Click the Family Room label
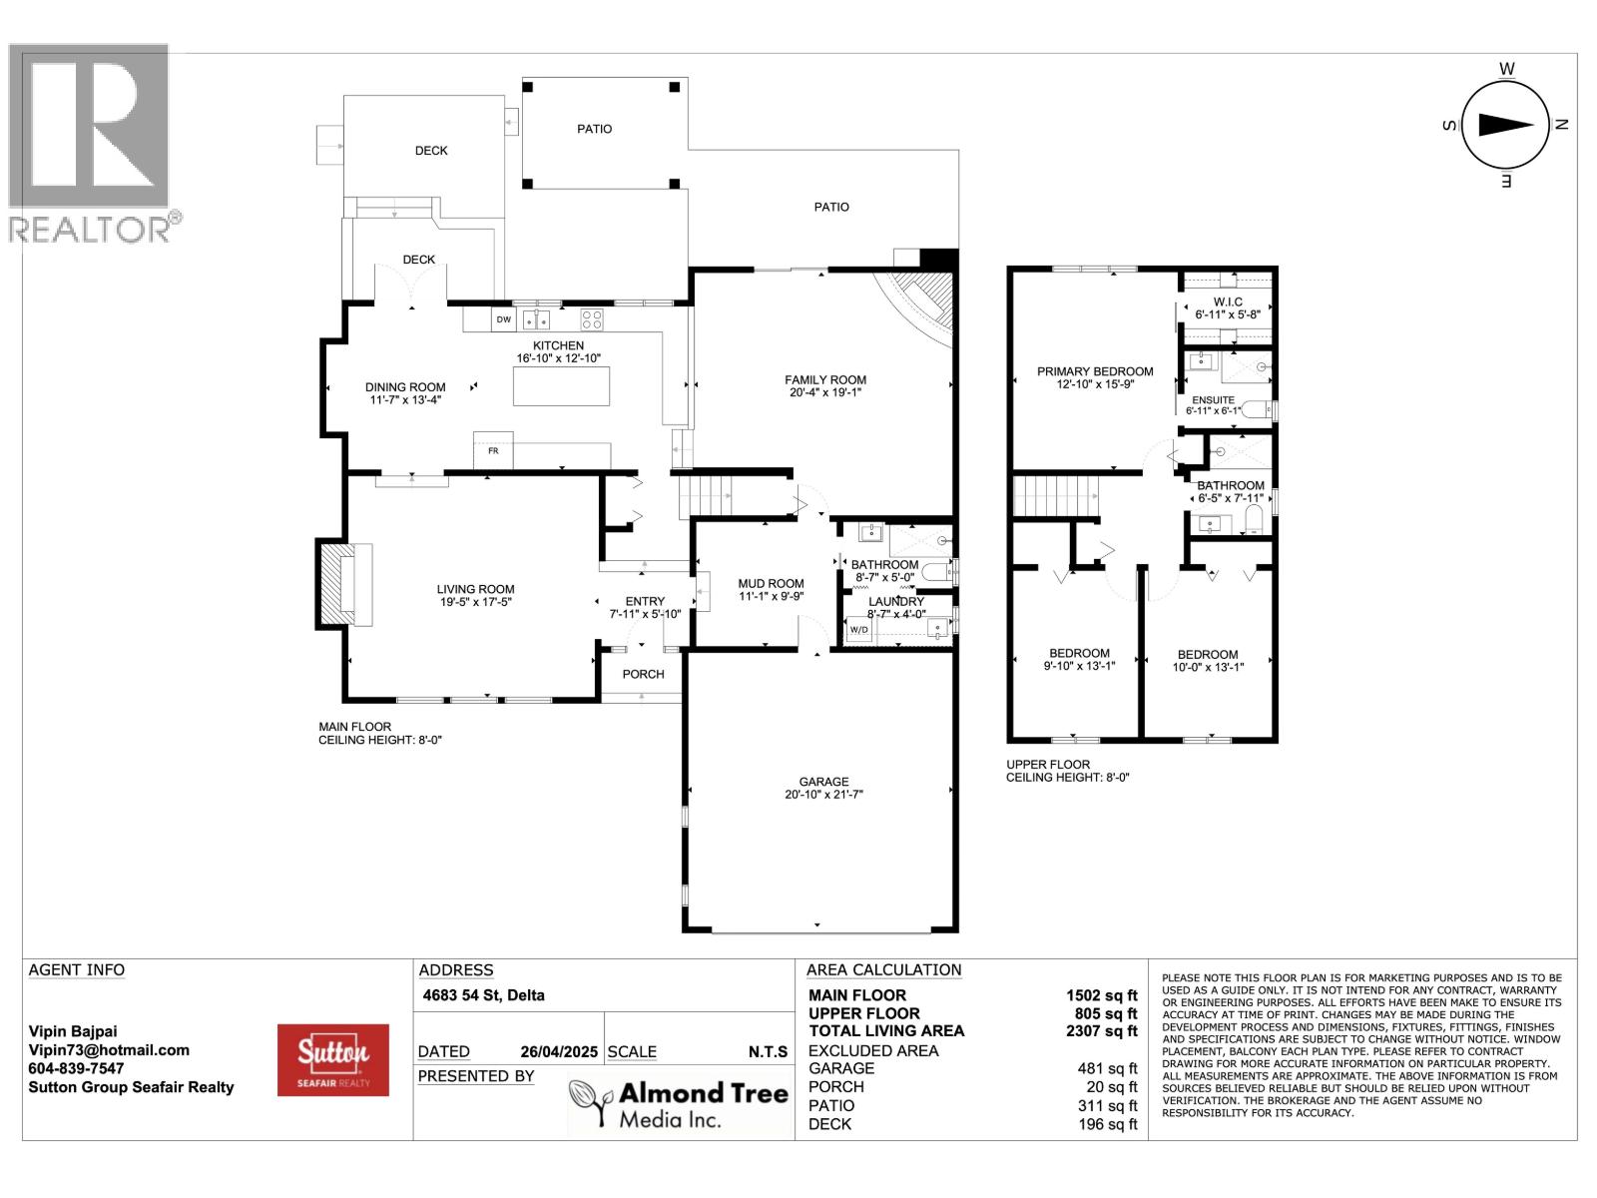(x=824, y=379)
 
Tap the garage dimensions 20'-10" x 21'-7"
(x=823, y=795)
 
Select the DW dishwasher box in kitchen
(x=503, y=319)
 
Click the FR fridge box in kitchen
(x=492, y=450)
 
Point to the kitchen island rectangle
(x=561, y=386)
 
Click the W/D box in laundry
(x=857, y=630)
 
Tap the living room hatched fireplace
(x=331, y=584)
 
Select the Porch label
(x=643, y=674)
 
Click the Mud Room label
(x=771, y=583)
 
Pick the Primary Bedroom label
(x=1094, y=371)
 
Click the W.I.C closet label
(x=1228, y=301)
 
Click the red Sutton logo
(x=332, y=1059)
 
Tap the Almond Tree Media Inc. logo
(x=679, y=1104)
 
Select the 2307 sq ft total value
(x=1101, y=1030)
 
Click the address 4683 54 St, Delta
(x=483, y=995)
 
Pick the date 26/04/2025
(x=558, y=1051)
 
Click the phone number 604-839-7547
(x=76, y=1068)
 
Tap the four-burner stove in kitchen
(x=592, y=319)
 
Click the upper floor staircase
(x=1056, y=496)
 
